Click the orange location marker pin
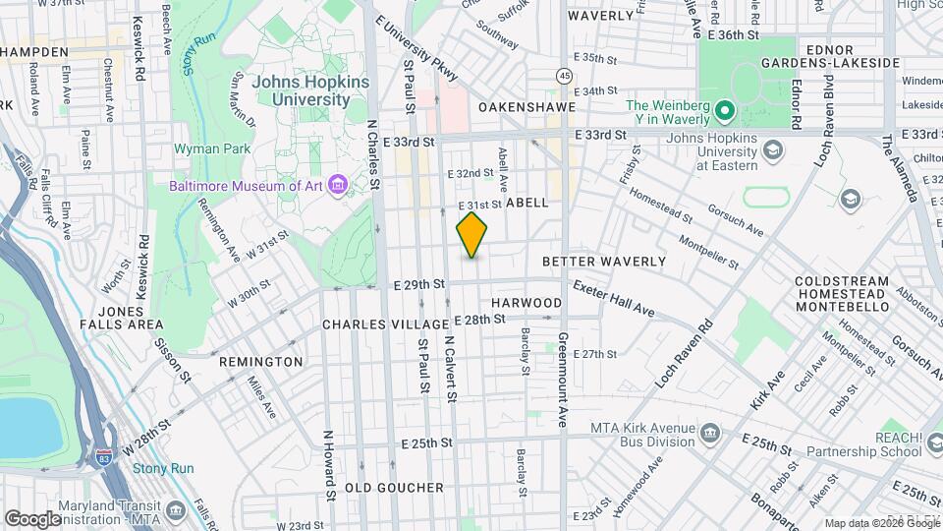click(x=472, y=234)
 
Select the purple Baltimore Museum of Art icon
click(x=339, y=185)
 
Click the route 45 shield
click(x=564, y=75)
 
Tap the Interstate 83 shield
click(x=104, y=454)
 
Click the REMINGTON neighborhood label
click(x=260, y=362)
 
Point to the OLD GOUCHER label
click(x=394, y=488)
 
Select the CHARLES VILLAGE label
click(x=385, y=324)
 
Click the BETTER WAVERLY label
click(x=603, y=262)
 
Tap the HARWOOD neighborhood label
click(x=527, y=302)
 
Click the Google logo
click(x=33, y=517)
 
